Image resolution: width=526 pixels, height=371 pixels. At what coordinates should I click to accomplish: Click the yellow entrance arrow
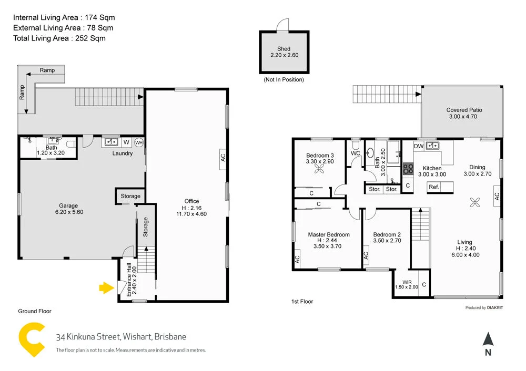(107, 287)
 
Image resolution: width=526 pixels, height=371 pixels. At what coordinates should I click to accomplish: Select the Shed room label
(284, 51)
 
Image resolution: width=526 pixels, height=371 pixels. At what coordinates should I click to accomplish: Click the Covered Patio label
(464, 113)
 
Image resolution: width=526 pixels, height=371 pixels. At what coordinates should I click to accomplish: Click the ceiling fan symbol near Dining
(475, 202)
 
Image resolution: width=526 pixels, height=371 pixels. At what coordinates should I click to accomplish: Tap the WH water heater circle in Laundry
(138, 142)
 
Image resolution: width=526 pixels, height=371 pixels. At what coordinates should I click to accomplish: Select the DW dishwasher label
(419, 146)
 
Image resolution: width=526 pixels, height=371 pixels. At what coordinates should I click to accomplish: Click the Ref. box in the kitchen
(433, 187)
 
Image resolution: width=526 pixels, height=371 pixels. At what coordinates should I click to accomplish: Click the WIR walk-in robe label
(407, 284)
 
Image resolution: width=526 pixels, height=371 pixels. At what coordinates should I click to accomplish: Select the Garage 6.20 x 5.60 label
(68, 209)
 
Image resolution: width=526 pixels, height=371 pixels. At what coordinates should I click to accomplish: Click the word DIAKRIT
(495, 308)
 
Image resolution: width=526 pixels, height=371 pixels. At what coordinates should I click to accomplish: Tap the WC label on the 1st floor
(356, 153)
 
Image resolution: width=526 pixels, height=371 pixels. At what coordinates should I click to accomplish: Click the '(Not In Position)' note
(284, 80)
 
